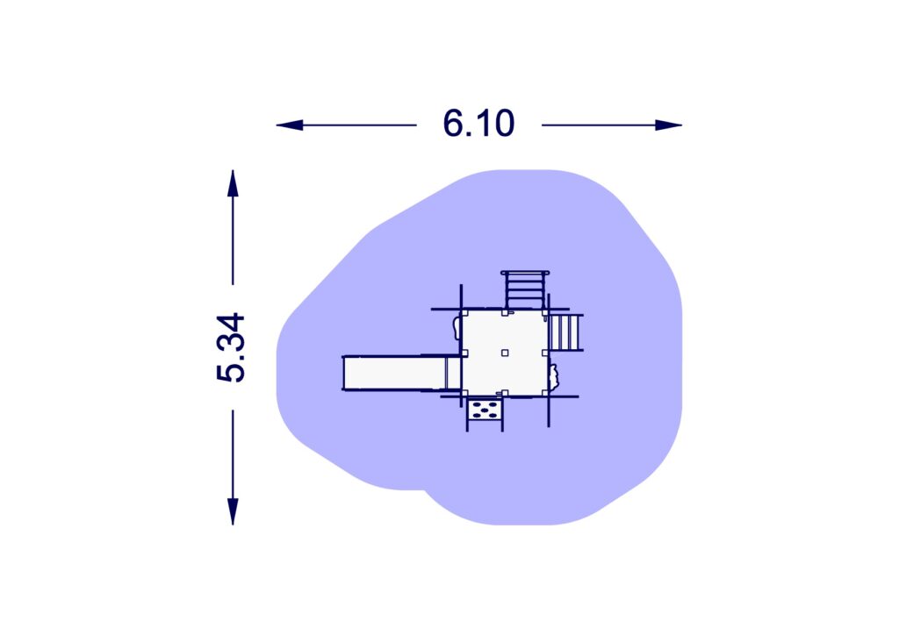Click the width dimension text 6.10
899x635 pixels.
click(x=478, y=125)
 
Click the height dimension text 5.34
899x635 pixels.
click(x=231, y=347)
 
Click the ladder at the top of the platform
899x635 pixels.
click(x=525, y=290)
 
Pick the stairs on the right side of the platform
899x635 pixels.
click(x=565, y=332)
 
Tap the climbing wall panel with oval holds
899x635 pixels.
click(x=485, y=409)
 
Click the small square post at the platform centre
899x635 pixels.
click(x=505, y=353)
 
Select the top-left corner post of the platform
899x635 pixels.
click(x=464, y=312)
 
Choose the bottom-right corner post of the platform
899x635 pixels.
click(x=545, y=393)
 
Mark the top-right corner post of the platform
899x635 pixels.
click(x=545, y=312)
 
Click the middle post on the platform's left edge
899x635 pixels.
click(x=464, y=353)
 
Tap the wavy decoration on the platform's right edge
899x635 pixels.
click(x=554, y=376)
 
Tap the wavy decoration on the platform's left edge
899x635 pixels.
click(x=455, y=328)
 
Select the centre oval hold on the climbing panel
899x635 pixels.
click(x=485, y=409)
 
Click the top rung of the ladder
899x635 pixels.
click(x=525, y=275)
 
